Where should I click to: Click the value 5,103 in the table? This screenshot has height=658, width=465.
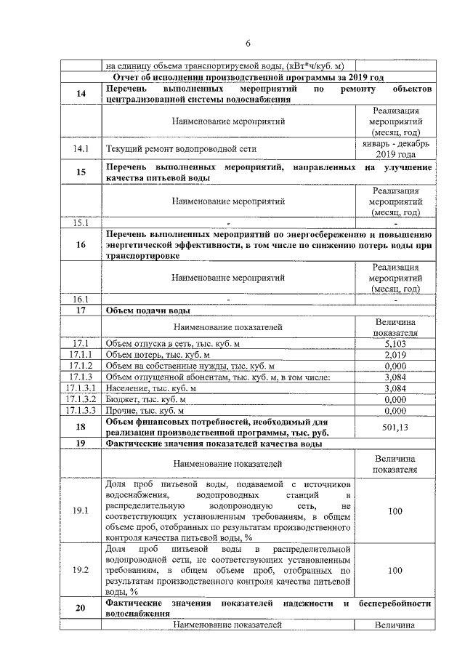(395, 344)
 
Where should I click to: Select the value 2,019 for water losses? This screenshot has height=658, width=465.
(395, 355)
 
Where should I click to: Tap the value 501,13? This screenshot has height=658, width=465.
(395, 427)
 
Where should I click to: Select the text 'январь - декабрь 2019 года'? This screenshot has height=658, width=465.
(395, 149)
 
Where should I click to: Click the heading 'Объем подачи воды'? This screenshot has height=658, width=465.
(148, 310)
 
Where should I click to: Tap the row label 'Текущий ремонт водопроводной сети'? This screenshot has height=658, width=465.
(181, 149)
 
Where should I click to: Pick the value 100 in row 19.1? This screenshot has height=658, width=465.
(395, 512)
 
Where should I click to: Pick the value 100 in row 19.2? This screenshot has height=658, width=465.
(395, 571)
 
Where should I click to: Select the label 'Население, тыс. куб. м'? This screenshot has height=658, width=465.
(151, 388)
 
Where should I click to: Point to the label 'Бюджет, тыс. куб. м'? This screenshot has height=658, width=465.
(145, 399)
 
